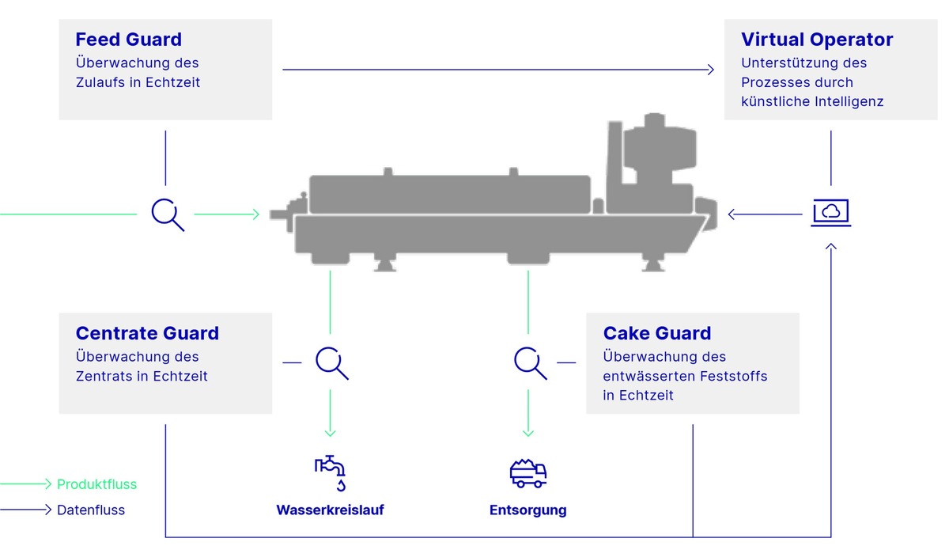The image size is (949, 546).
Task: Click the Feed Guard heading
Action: (128, 40)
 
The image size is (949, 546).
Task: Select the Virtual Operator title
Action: (817, 40)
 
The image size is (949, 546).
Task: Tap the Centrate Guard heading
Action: (147, 333)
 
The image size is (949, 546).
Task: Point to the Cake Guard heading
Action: (656, 333)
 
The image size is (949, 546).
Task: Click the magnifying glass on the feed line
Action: (168, 214)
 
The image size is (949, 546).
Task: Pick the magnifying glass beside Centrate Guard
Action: (331, 363)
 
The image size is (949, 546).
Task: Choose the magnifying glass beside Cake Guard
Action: (530, 363)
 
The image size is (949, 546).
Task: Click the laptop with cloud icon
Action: (831, 213)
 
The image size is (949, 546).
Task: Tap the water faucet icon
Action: (330, 473)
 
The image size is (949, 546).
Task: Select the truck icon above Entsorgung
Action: (528, 473)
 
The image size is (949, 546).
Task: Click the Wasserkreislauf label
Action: (330, 510)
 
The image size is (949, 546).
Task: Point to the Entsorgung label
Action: (528, 510)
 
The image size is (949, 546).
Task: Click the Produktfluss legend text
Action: (96, 484)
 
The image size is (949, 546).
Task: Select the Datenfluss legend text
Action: (91, 510)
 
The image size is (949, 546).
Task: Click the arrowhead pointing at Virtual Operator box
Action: (711, 70)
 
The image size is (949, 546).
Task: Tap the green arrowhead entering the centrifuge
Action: (256, 214)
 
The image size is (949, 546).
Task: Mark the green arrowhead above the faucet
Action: (330, 434)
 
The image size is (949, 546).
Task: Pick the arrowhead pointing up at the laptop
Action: (831, 247)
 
